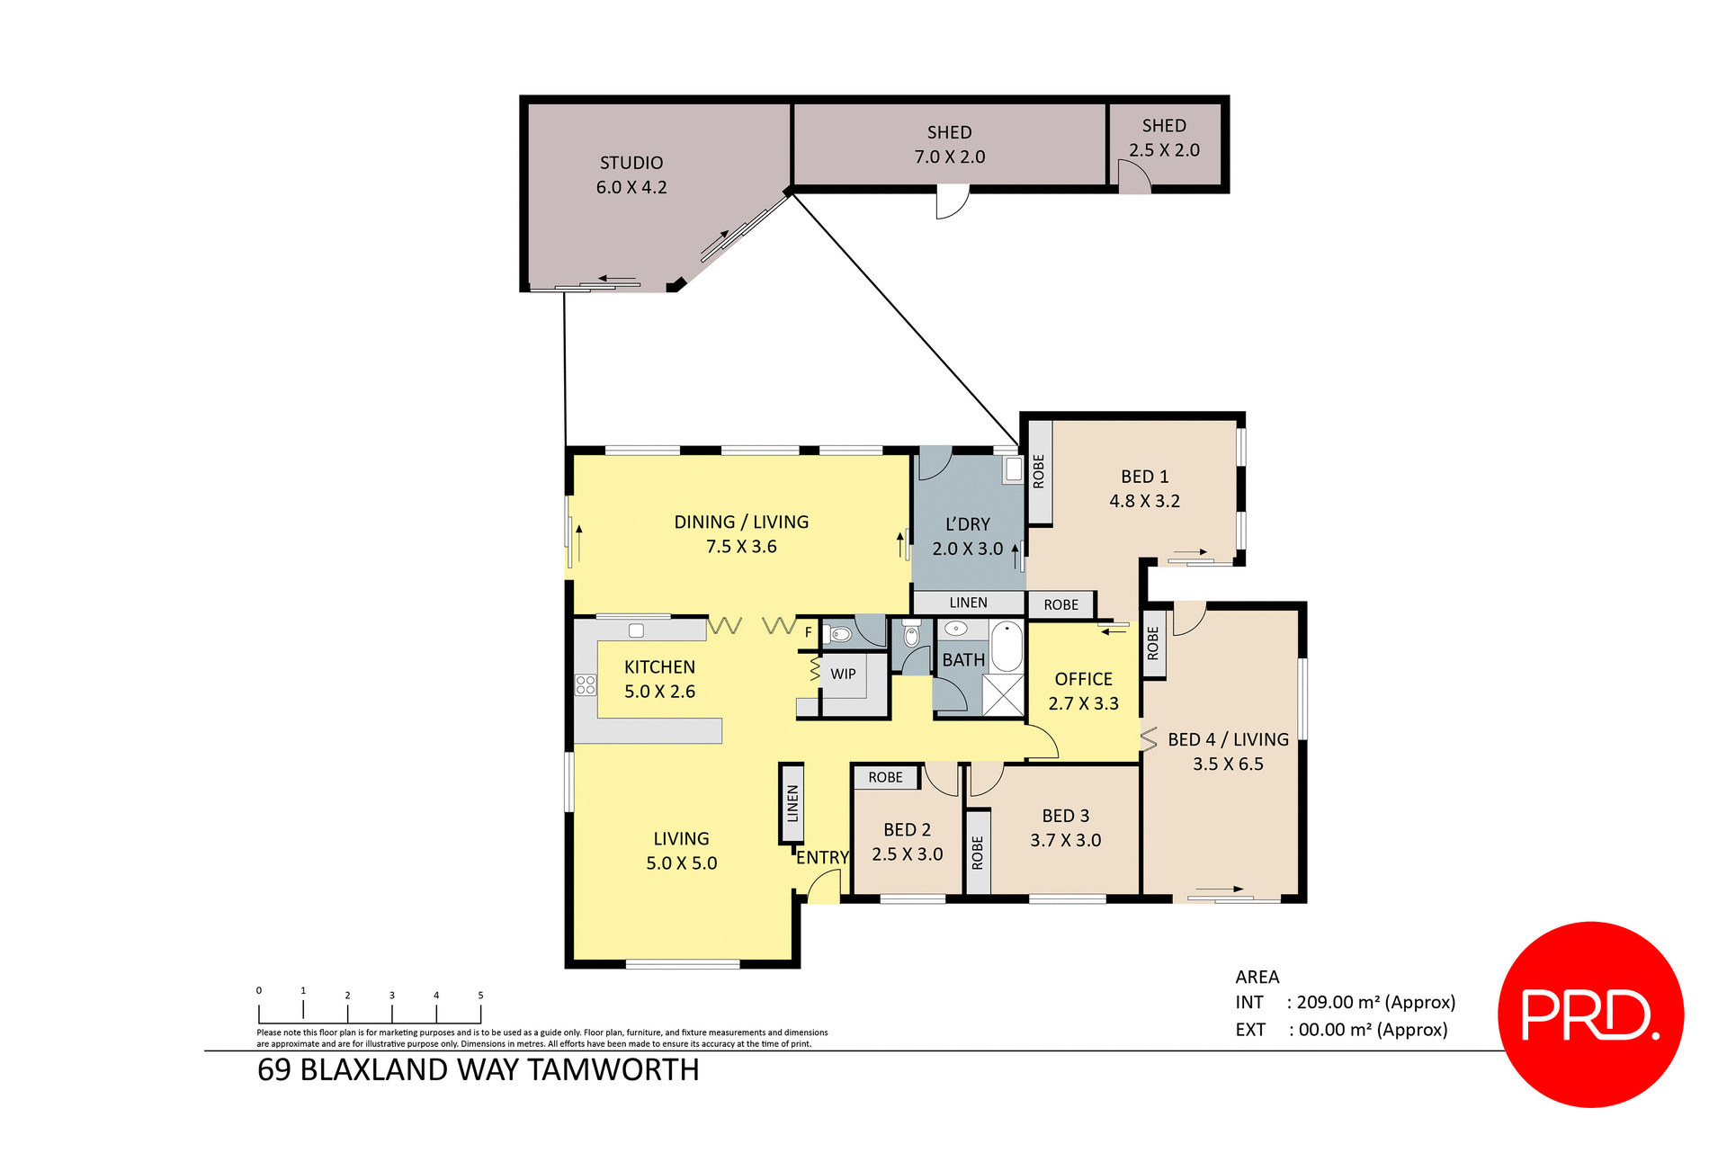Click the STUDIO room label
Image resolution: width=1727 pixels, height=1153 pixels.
[x=631, y=163]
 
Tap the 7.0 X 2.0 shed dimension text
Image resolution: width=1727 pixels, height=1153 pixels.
[x=950, y=156]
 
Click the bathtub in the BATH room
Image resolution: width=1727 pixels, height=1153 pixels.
[x=1007, y=645]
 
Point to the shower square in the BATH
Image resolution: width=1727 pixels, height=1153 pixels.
[x=1003, y=694]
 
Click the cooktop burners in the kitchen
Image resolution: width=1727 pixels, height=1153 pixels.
[x=586, y=684]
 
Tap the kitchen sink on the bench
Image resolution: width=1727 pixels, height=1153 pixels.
[x=636, y=630]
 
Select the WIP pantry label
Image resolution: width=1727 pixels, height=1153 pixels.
[x=843, y=674]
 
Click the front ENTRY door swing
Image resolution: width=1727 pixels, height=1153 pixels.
[x=823, y=888]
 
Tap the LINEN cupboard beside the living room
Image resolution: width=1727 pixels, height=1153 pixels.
[x=792, y=803]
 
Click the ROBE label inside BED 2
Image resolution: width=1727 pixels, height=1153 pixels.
[x=885, y=777]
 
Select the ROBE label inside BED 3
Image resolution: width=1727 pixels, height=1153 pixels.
[x=978, y=852]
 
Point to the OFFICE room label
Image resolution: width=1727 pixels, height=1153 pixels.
[x=1083, y=679]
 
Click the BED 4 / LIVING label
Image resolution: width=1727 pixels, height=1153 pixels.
[x=1228, y=739]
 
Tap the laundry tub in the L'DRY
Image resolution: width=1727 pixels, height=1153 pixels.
[x=1014, y=469]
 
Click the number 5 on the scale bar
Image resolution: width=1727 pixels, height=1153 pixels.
[x=480, y=995]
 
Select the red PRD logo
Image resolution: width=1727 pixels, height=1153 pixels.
[x=1590, y=1014]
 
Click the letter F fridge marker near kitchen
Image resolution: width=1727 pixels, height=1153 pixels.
[x=808, y=632]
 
